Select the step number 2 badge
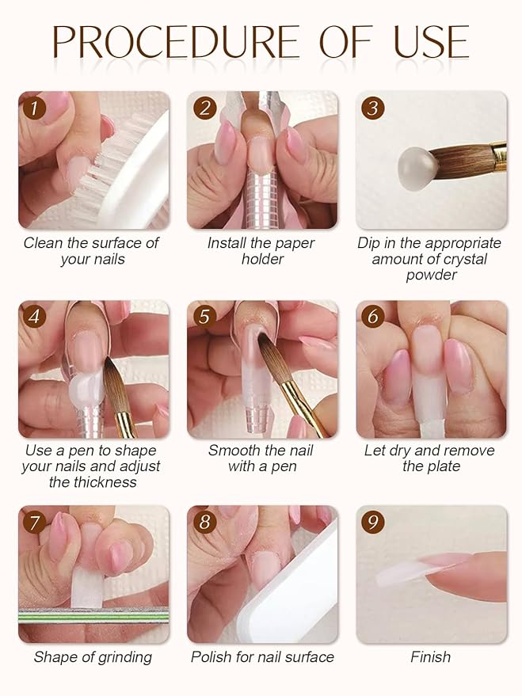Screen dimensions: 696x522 pos(204,108)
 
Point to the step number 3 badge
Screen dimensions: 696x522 pos(372,108)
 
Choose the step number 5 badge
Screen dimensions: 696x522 pos(204,317)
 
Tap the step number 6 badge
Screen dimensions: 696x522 pos(372,317)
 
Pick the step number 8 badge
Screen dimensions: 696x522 pos(204,523)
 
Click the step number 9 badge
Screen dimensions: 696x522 pos(372,523)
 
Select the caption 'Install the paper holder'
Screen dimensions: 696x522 pos(261,251)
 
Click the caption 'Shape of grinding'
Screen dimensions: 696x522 pos(93,657)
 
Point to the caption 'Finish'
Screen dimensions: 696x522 pos(430,657)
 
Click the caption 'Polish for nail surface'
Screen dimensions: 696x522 pos(262,657)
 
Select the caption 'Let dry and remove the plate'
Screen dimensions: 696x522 pos(430,458)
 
